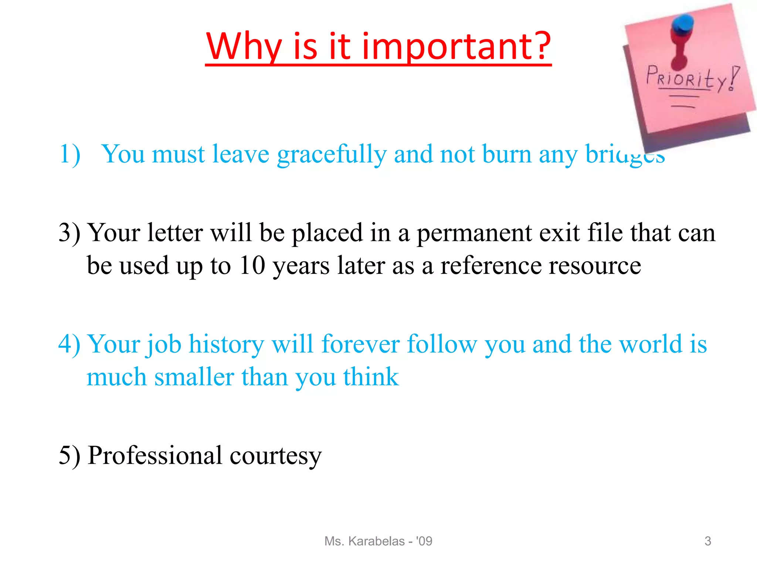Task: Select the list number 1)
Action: pyautogui.click(x=70, y=154)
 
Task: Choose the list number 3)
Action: pyautogui.click(x=69, y=233)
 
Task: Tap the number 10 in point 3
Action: pyautogui.click(x=252, y=265)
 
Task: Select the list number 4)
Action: pyautogui.click(x=69, y=344)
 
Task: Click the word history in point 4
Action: pyautogui.click(x=226, y=344)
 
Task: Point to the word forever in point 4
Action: pyautogui.click(x=360, y=344)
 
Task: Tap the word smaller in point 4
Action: pyautogui.click(x=194, y=377)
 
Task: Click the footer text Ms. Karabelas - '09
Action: pyautogui.click(x=378, y=541)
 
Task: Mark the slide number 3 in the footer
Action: pyautogui.click(x=708, y=541)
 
